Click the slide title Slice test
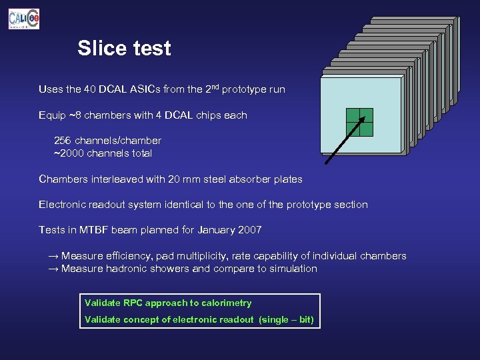point(124,49)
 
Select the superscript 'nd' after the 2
point(213,87)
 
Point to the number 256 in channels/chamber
point(63,141)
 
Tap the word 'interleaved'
point(117,179)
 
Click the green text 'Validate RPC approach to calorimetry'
point(168,303)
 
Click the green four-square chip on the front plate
point(359,122)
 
